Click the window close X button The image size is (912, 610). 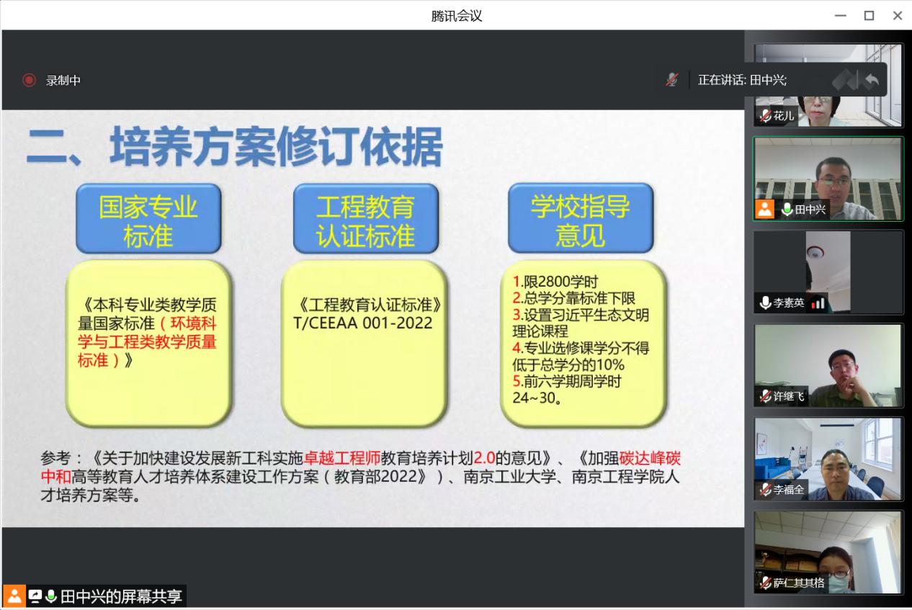coord(898,15)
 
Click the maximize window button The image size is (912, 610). coord(869,15)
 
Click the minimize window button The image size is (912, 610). coord(841,15)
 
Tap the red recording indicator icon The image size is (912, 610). coord(29,80)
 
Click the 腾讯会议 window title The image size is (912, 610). coord(457,16)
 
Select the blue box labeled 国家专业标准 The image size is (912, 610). coord(148,218)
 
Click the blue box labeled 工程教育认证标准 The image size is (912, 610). coord(366,218)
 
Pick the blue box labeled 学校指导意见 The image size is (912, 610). coord(581,217)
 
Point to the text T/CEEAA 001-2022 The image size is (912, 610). coord(363,323)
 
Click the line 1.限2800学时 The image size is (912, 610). coord(555,281)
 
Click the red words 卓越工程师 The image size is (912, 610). coord(342,458)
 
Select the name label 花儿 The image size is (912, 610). coord(783,116)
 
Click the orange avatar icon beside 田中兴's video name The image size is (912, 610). coord(764,209)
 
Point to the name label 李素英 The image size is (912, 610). coord(789,302)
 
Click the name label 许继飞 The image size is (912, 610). coord(789,396)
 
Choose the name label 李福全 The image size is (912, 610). coord(789,489)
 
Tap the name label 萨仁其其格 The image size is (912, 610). coord(799,583)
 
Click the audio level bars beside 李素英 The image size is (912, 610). coord(818,303)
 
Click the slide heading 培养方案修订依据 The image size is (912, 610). coord(277,146)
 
